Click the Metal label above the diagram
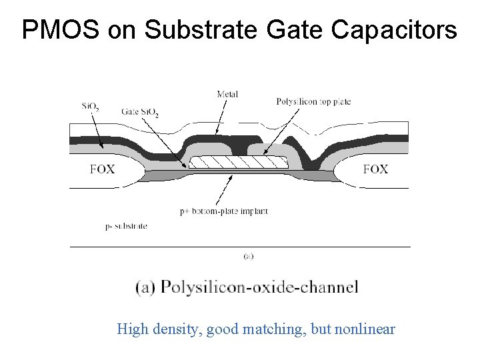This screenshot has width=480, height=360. [227, 94]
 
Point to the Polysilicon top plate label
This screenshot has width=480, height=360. [313, 101]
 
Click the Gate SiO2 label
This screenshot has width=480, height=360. [140, 111]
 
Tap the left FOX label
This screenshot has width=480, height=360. [102, 169]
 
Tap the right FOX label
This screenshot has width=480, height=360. [375, 169]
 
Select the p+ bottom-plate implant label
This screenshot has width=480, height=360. [224, 211]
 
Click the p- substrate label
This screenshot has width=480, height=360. [126, 226]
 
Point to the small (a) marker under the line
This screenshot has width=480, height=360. [248, 255]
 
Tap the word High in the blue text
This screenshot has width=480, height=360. [131, 329]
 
